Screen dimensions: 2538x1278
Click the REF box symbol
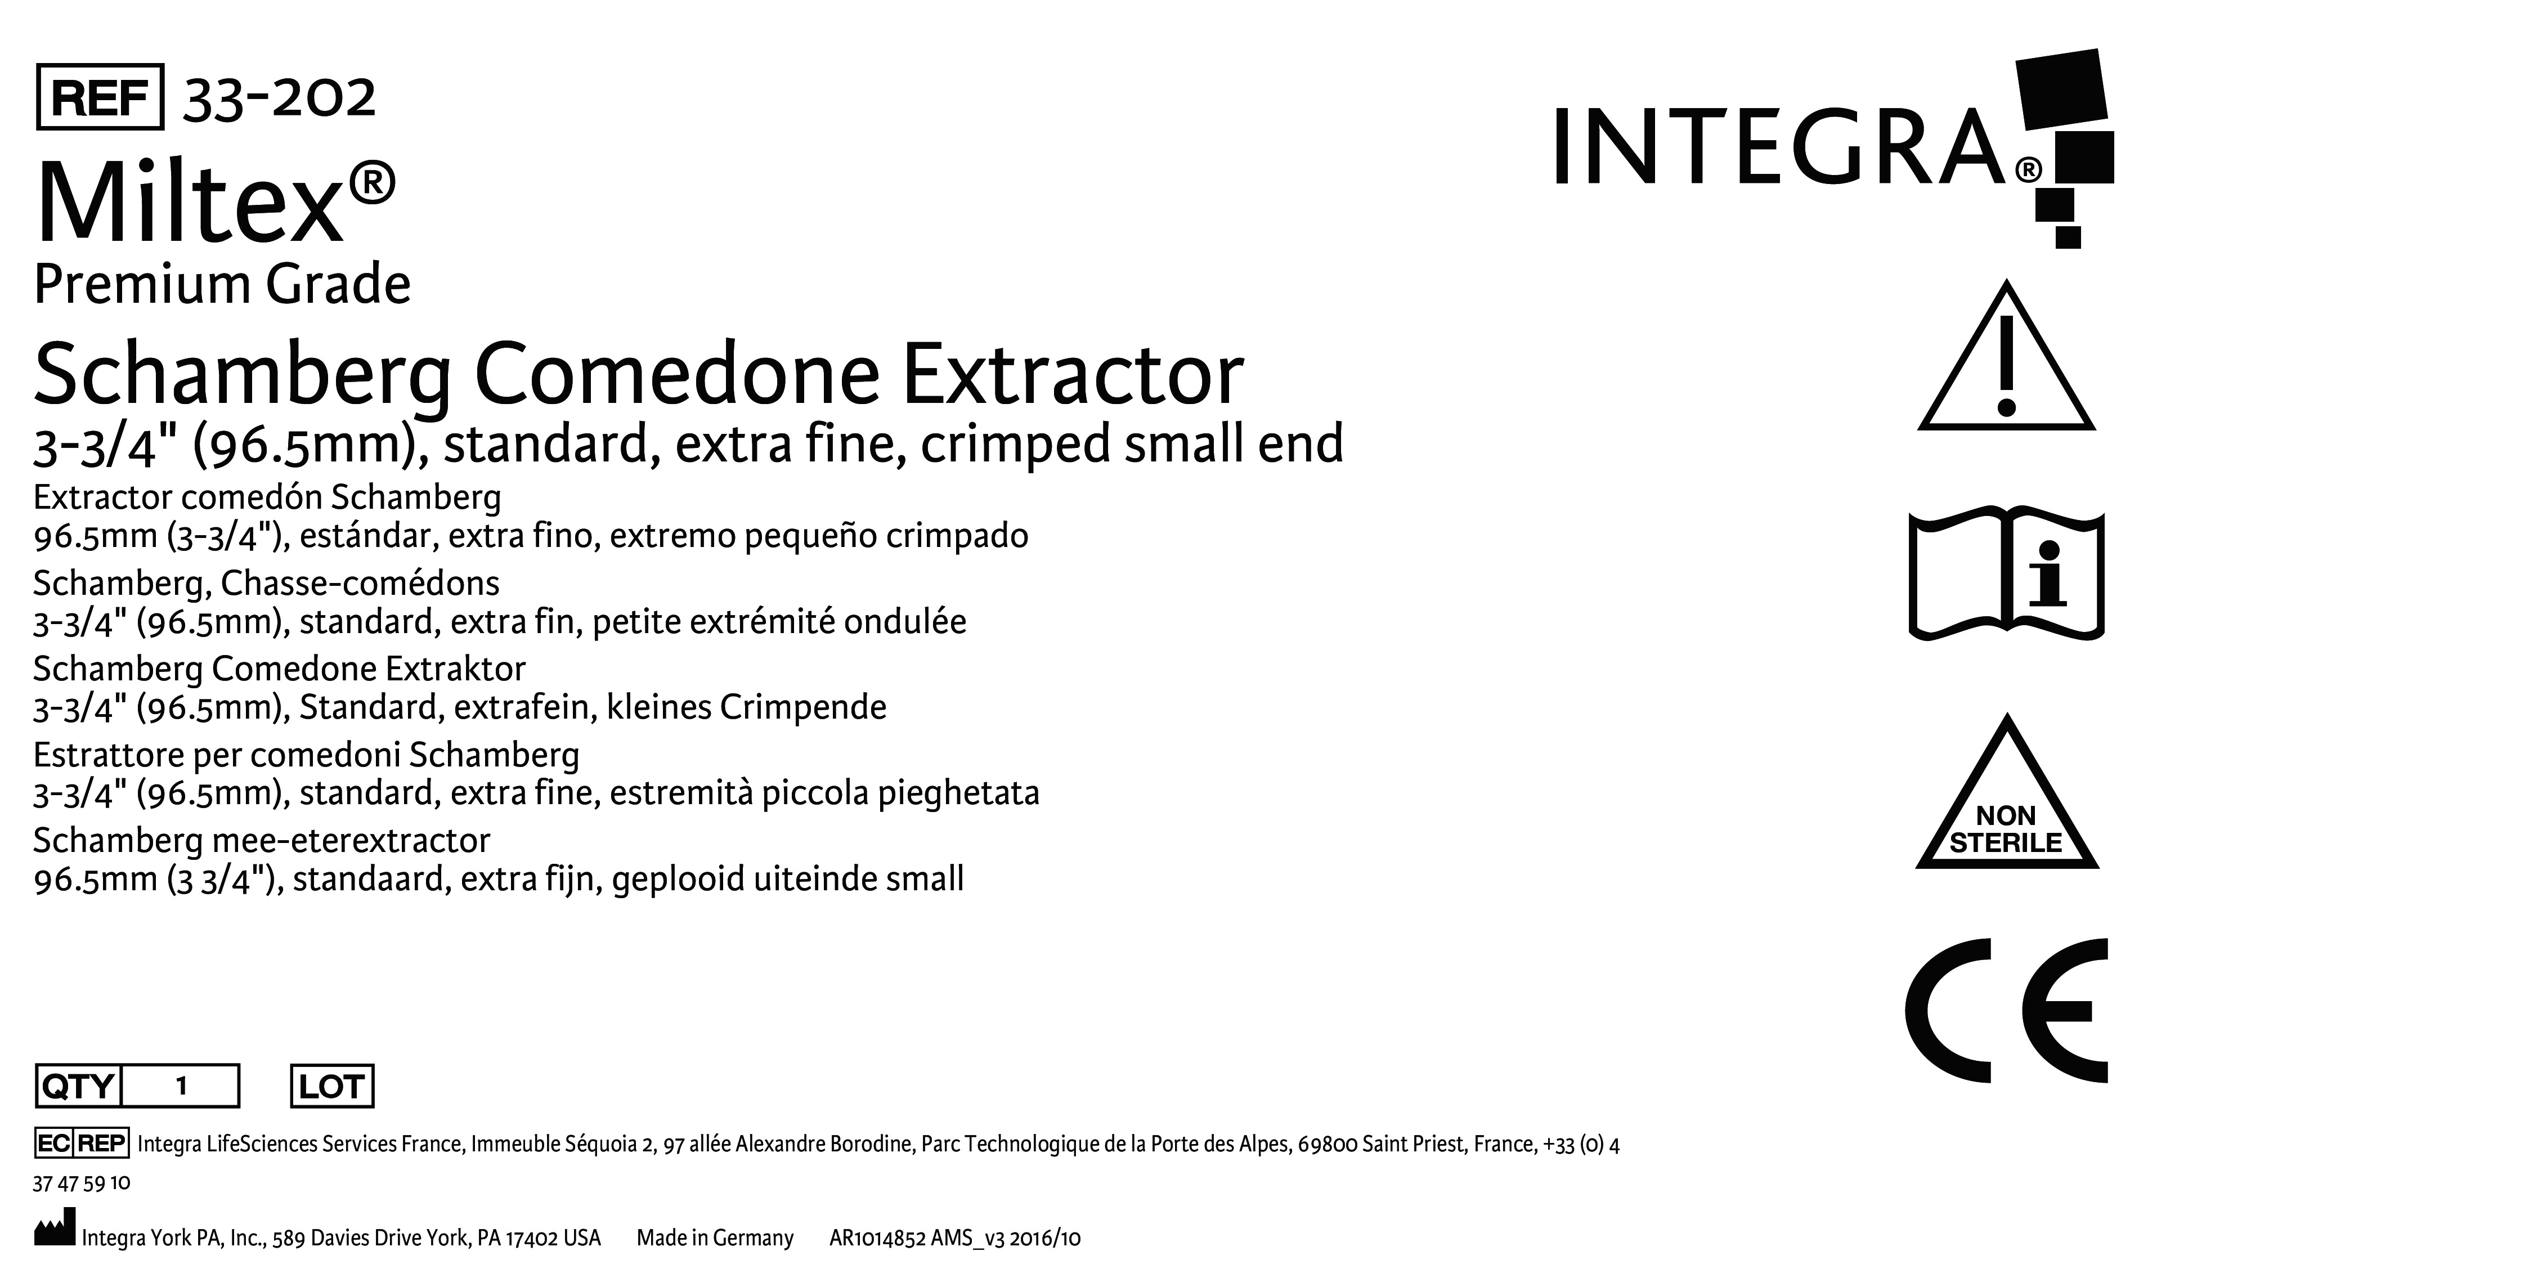click(100, 97)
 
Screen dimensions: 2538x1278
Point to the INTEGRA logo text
click(1781, 148)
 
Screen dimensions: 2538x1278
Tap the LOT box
click(332, 1086)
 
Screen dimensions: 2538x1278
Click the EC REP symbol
click(81, 1143)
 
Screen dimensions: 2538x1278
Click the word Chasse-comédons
click(360, 584)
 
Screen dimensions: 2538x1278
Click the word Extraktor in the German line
click(455, 669)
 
